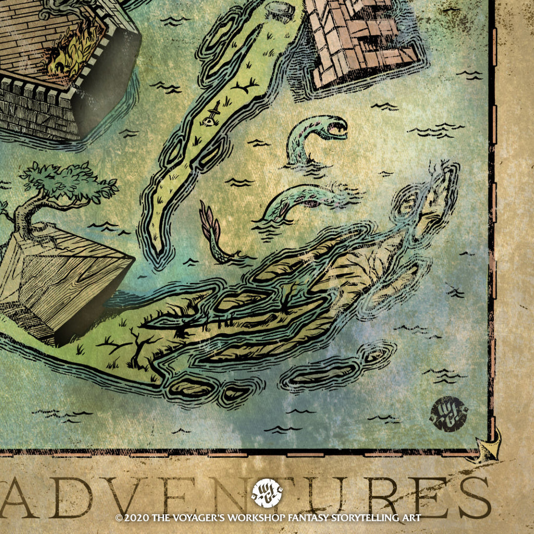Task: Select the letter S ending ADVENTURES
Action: (x=472, y=498)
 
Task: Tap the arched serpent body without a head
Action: (x=302, y=198)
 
